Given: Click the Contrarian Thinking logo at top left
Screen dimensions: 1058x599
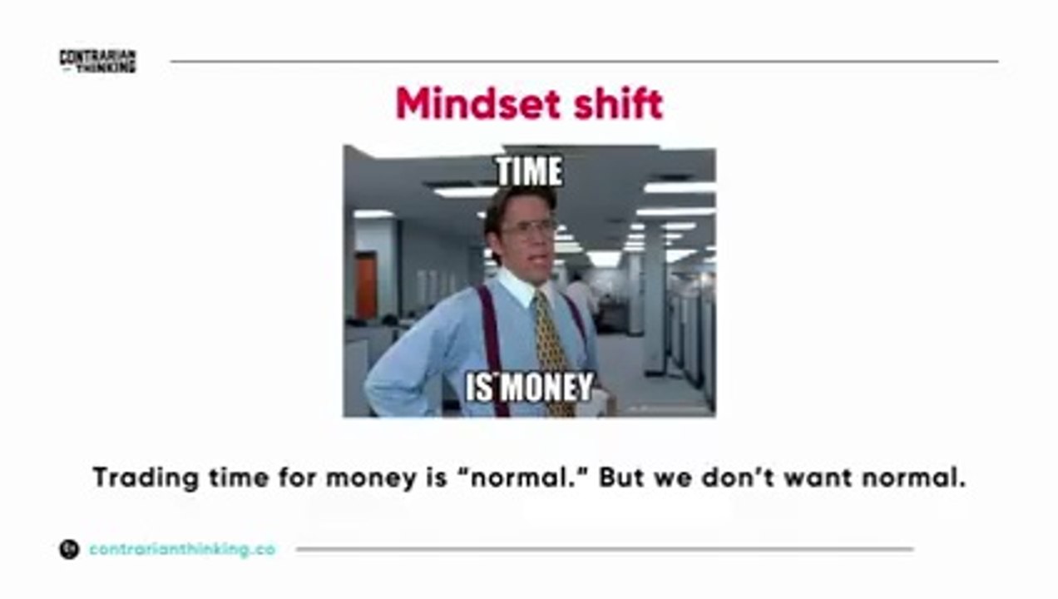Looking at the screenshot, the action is (98, 62).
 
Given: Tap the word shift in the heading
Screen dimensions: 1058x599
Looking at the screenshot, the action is (619, 104).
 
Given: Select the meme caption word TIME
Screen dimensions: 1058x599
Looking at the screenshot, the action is (530, 171).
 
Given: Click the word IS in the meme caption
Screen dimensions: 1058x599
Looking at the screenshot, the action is (480, 387).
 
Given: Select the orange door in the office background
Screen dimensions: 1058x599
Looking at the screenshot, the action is (366, 286).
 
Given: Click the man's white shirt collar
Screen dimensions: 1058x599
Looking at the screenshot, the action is (521, 286).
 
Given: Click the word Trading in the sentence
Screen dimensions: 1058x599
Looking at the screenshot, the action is (146, 478).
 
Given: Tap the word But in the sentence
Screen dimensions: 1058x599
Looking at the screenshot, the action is (621, 478).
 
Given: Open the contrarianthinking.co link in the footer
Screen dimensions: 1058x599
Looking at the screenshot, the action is (182, 549).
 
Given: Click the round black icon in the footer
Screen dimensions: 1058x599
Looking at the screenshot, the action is (69, 549).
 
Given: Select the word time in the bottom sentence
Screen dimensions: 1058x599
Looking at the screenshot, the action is (239, 478).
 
